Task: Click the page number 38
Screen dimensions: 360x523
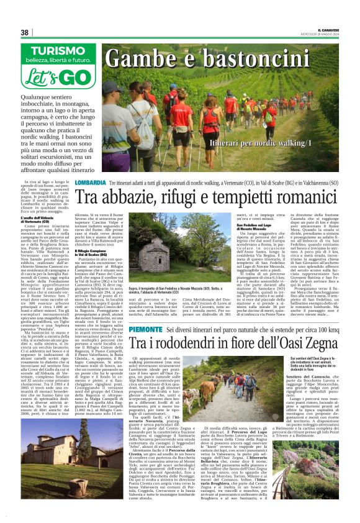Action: [x=25, y=32]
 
